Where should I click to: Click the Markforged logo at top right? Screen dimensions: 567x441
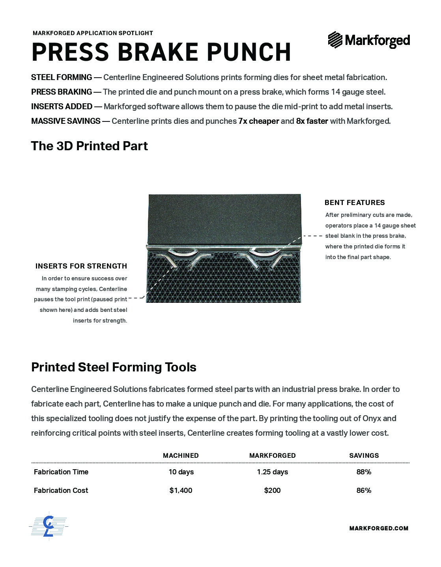tap(369, 40)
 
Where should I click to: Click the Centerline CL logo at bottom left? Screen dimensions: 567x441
tap(48, 526)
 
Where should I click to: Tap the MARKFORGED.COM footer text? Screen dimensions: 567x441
tap(379, 528)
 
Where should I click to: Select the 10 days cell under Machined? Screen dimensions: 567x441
tap(181, 472)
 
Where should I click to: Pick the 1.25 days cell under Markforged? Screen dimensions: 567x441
tap(272, 472)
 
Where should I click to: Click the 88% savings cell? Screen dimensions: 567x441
tap(364, 472)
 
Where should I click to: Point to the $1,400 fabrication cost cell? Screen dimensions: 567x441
tap(181, 491)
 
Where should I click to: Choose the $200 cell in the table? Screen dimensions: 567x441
tap(272, 491)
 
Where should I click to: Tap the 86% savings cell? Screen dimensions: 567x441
tap(364, 491)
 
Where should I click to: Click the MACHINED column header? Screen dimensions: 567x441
tap(181, 455)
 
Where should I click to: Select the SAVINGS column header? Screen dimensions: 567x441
tap(364, 455)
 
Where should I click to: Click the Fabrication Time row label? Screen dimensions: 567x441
tap(61, 472)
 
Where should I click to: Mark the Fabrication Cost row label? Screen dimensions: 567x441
tap(61, 491)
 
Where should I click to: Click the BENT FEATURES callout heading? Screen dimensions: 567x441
tap(355, 203)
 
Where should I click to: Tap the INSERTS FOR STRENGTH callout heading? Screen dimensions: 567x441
tap(81, 266)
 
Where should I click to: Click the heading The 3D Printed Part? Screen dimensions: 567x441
tap(90, 146)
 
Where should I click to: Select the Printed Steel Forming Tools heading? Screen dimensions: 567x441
tap(114, 367)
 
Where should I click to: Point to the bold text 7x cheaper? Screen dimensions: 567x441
tap(259, 121)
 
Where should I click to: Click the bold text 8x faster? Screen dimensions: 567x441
tap(312, 121)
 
